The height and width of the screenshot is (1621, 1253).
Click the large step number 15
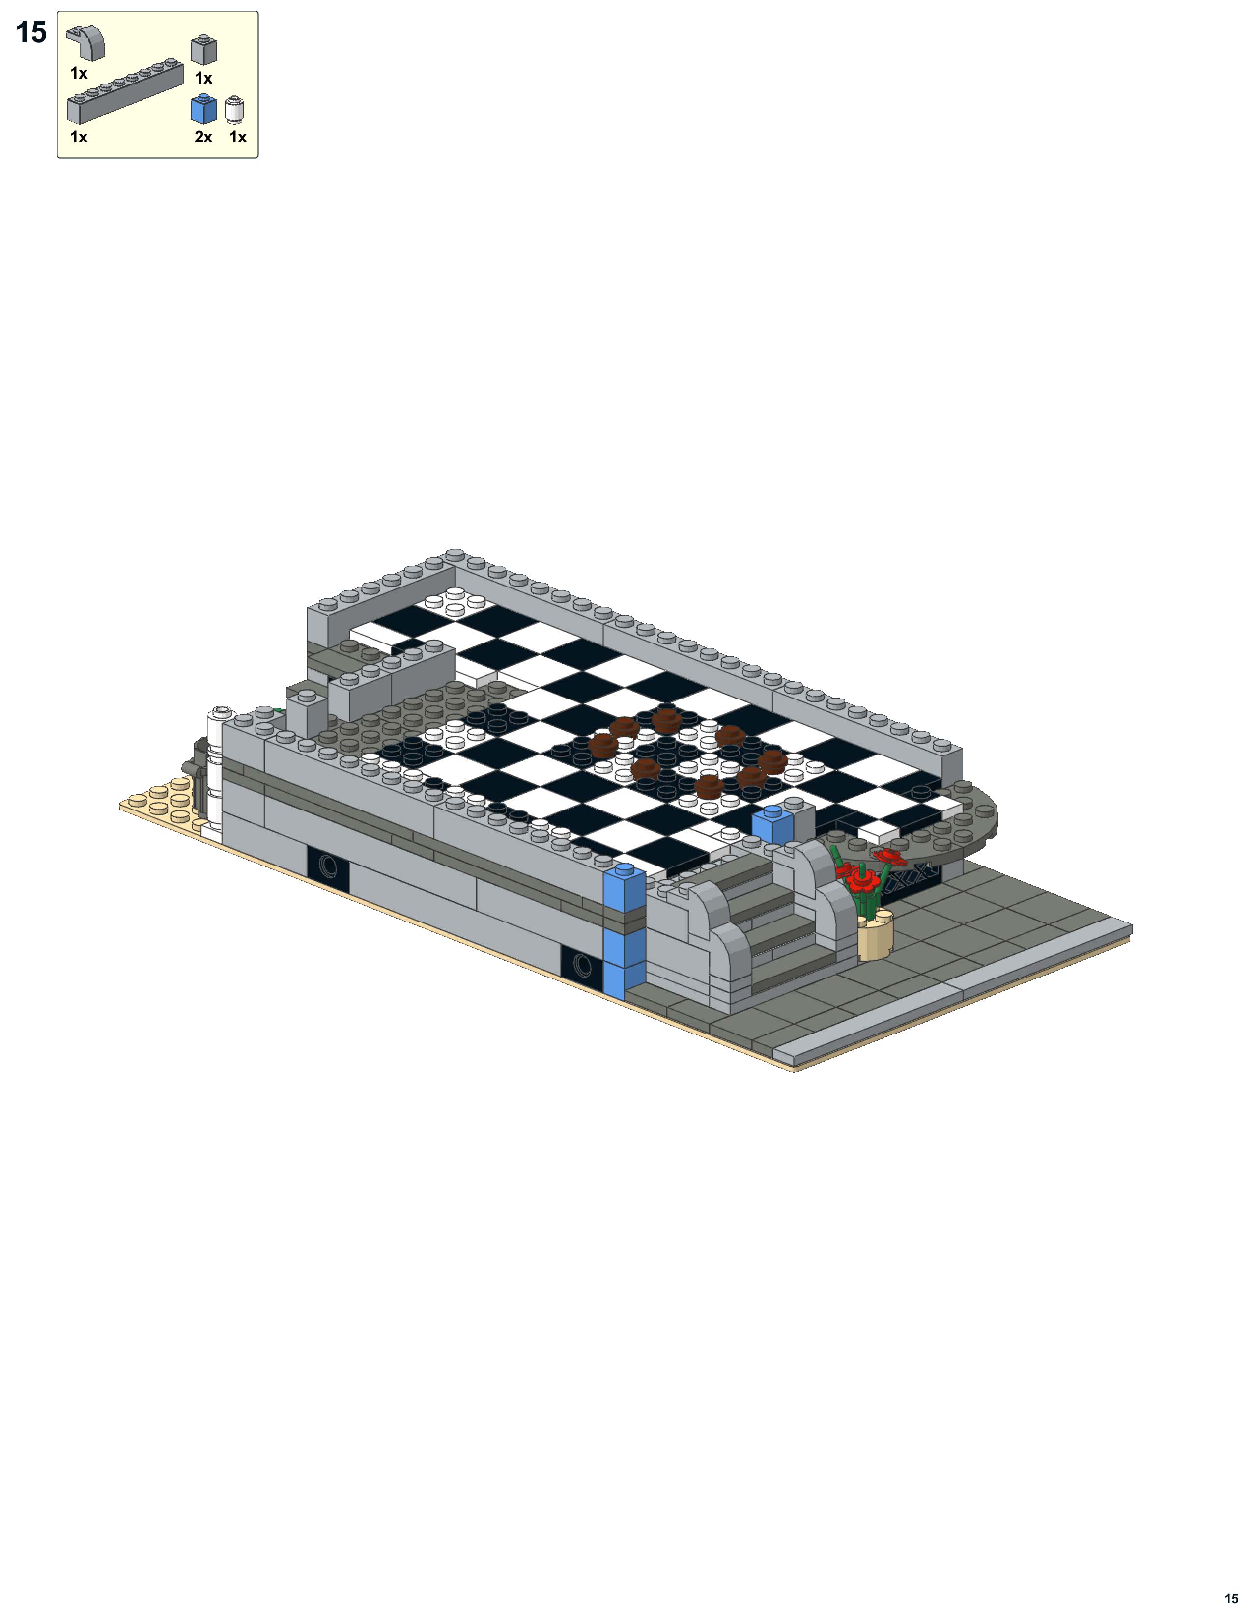31,32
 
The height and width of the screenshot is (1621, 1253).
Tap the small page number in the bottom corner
1231,1598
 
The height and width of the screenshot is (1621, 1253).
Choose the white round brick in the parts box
234,110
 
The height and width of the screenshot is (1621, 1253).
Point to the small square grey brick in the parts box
203,51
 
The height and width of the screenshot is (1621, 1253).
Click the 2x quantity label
203,138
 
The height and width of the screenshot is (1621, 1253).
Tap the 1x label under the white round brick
237,138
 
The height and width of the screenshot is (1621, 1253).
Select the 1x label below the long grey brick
79,138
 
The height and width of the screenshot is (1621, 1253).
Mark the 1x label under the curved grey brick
79,74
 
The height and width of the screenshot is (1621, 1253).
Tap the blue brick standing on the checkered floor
772,825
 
